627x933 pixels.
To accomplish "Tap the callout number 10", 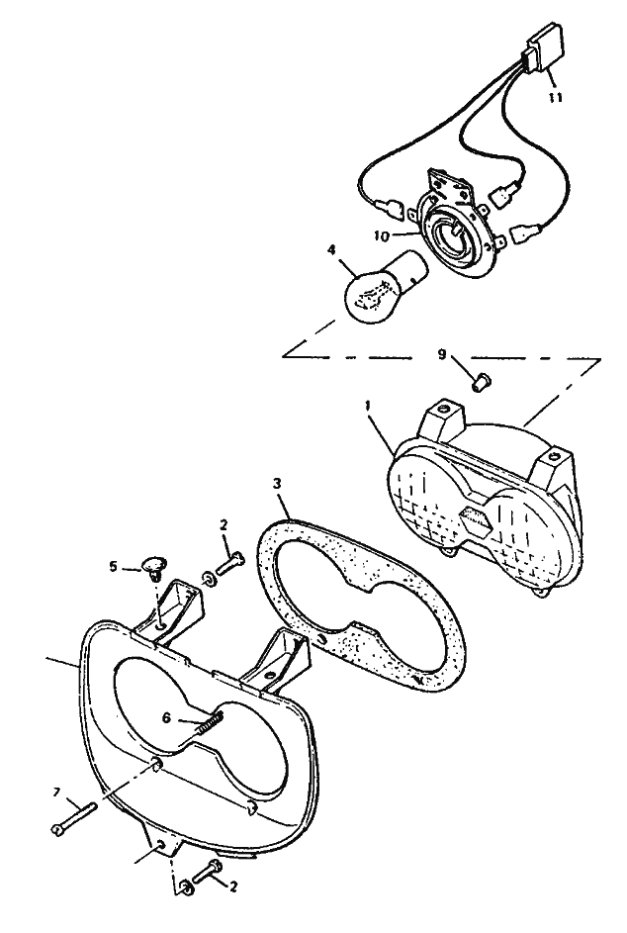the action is click(382, 236).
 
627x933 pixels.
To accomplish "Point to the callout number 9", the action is click(441, 354).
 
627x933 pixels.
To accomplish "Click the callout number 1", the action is click(368, 406).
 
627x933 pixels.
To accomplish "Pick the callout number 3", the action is click(277, 484).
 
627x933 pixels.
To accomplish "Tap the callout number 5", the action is click(113, 566).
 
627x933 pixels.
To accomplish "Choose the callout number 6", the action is click(166, 718).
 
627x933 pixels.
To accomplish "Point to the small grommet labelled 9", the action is click(479, 381).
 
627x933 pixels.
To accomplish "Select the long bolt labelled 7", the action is click(74, 818).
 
